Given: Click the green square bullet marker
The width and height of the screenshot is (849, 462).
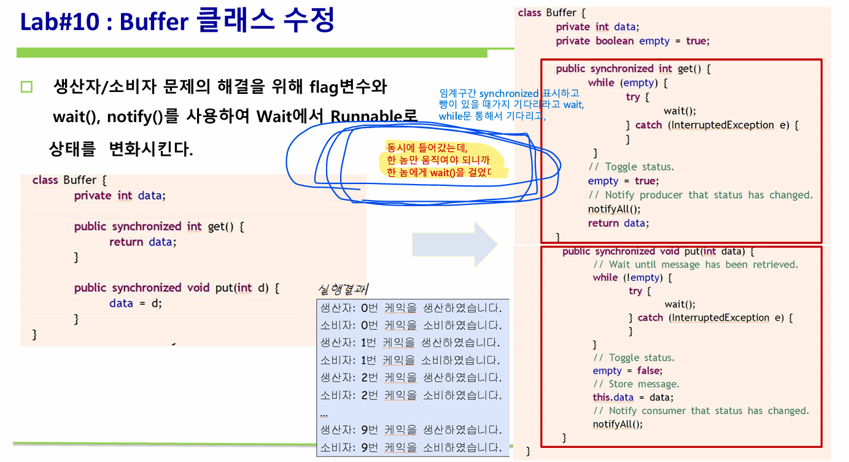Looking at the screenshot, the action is point(26,87).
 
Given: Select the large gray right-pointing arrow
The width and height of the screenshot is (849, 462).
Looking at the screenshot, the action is point(454,245).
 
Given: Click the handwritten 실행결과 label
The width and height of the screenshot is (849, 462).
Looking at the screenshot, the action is point(343,290).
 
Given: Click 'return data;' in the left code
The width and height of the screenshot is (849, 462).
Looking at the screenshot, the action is point(142,242).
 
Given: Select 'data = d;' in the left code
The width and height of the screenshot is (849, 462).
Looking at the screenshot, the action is point(135,303).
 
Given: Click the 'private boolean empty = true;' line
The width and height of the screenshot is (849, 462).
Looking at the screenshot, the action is point(632,41).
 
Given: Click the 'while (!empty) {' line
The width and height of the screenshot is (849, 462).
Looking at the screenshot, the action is point(632,278).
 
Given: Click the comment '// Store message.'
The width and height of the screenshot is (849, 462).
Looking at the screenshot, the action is point(636,384).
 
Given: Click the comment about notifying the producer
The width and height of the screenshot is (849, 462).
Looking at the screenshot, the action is point(700,195).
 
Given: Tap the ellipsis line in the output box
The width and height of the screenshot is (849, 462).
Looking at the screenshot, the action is point(324,414).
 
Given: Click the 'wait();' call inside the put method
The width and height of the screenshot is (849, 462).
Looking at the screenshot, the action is point(680,304).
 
